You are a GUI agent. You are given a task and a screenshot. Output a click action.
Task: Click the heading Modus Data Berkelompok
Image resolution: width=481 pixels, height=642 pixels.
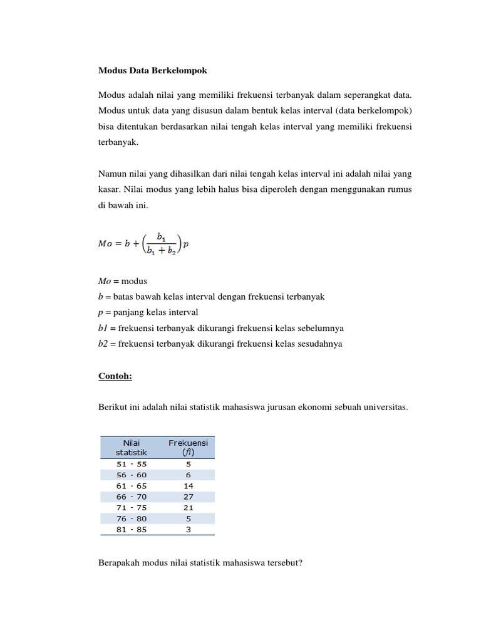152,70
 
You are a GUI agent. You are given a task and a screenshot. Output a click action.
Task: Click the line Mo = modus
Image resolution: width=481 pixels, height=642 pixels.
123,281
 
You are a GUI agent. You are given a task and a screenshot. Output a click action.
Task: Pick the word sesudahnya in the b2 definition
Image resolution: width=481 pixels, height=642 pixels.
321,344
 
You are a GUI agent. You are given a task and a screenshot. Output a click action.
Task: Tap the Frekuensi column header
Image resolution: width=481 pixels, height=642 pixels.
188,447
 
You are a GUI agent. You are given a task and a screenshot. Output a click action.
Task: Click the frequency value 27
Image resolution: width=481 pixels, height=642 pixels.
189,497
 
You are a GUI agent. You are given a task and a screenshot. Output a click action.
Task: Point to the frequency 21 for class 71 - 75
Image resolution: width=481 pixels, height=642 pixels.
189,507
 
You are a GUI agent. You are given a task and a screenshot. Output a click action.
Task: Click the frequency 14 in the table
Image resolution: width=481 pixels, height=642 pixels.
189,486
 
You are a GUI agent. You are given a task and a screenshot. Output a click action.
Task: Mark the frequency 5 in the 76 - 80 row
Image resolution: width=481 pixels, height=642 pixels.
189,518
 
